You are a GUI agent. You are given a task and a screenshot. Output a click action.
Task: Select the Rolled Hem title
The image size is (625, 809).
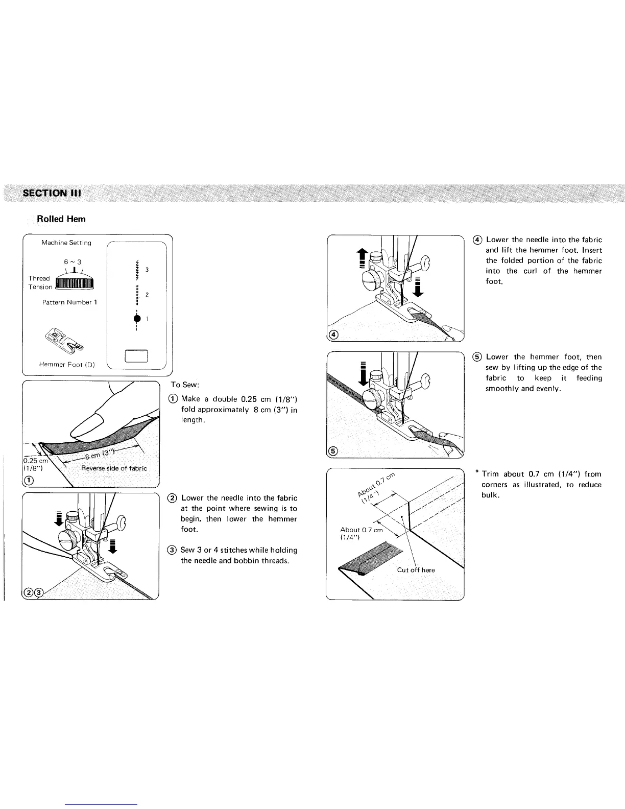click(x=61, y=219)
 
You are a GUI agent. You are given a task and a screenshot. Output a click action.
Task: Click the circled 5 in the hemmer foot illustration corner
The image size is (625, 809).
click(x=332, y=451)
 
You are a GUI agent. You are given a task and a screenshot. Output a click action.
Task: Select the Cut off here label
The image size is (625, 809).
click(x=416, y=570)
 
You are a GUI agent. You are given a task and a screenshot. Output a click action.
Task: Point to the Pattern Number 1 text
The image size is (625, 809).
click(x=69, y=302)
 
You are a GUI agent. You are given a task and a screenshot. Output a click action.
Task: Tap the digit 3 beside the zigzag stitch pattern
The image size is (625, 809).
click(x=147, y=269)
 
